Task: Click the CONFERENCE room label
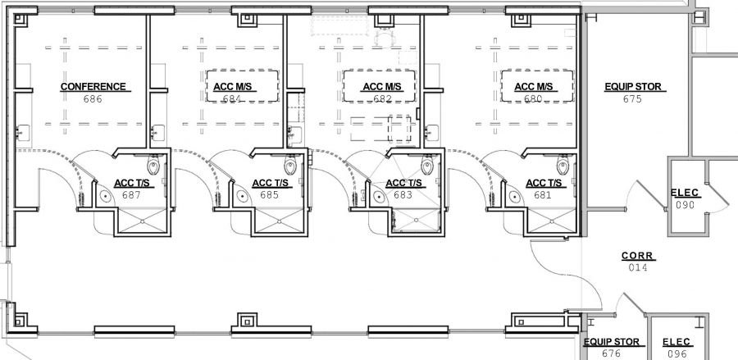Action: tap(93, 87)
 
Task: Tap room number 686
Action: tap(93, 99)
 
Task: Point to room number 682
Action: tap(383, 99)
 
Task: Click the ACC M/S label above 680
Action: tap(533, 87)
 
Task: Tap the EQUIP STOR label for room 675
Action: tap(633, 87)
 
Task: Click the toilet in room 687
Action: tap(153, 165)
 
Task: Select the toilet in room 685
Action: tap(290, 165)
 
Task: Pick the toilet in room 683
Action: tap(427, 165)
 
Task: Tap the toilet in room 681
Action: tap(563, 165)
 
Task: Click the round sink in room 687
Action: tap(106, 195)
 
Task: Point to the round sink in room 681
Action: tap(515, 195)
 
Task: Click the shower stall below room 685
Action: tap(280, 221)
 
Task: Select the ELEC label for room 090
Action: tap(685, 193)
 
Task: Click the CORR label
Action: tap(638, 256)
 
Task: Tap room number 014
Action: tap(638, 267)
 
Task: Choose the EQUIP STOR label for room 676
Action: tap(612, 342)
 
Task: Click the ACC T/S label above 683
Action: tap(403, 183)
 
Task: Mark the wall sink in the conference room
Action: tap(23, 133)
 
